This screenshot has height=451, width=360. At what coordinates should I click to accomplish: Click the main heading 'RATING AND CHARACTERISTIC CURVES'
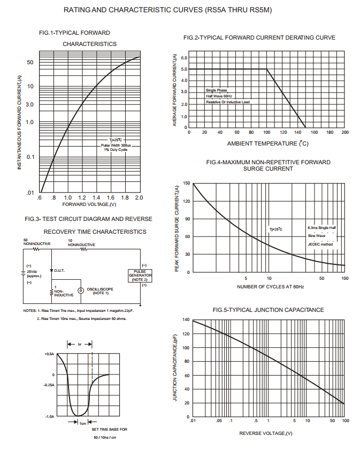pyautogui.click(x=179, y=10)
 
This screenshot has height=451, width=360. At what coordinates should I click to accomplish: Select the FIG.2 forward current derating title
pyautogui.click(x=259, y=37)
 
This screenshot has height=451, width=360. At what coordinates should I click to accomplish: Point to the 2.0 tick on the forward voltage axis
pyautogui.click(x=139, y=198)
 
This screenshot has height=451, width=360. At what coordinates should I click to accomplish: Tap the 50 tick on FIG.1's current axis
pyautogui.click(x=30, y=63)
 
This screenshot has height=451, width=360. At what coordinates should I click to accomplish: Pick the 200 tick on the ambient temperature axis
pyautogui.click(x=344, y=132)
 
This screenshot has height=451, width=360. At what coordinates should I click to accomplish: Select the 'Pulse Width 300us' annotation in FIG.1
pyautogui.click(x=116, y=145)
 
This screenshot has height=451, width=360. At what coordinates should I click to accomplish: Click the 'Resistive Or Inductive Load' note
pyautogui.click(x=228, y=102)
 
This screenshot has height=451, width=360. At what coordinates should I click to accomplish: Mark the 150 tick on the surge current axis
pyautogui.click(x=186, y=184)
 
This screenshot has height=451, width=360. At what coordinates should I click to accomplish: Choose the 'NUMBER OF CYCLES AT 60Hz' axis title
pyautogui.click(x=270, y=287)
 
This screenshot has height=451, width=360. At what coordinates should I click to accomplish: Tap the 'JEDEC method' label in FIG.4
pyautogui.click(x=320, y=244)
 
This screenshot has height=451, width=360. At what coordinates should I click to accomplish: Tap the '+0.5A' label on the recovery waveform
pyautogui.click(x=50, y=354)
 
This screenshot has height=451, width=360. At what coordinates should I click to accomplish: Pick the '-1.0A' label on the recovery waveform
pyautogui.click(x=50, y=416)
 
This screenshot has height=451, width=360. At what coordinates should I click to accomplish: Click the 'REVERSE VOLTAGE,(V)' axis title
pyautogui.click(x=266, y=433)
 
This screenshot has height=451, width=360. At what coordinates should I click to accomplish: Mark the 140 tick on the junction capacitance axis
pyautogui.click(x=186, y=319)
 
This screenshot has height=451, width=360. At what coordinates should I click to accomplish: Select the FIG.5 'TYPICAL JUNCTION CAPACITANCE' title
pyautogui.click(x=261, y=310)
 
